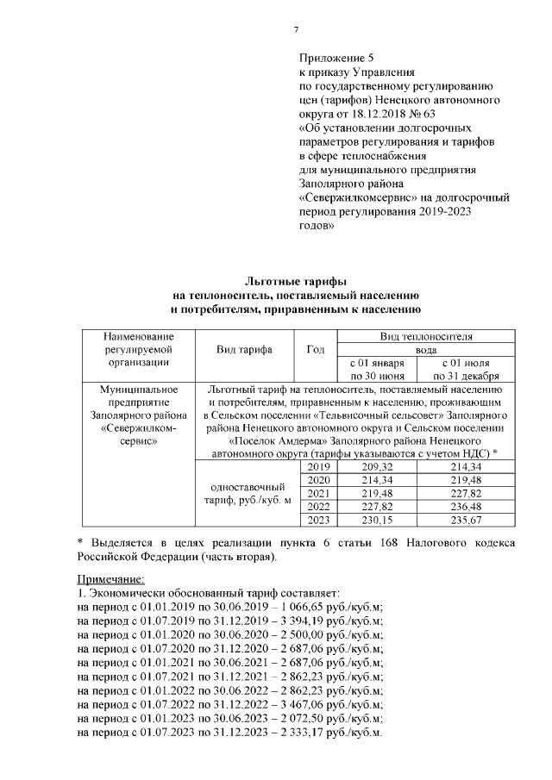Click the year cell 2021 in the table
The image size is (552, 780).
pyautogui.click(x=318, y=493)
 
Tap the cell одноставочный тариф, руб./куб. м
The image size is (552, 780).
pyautogui.click(x=246, y=493)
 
